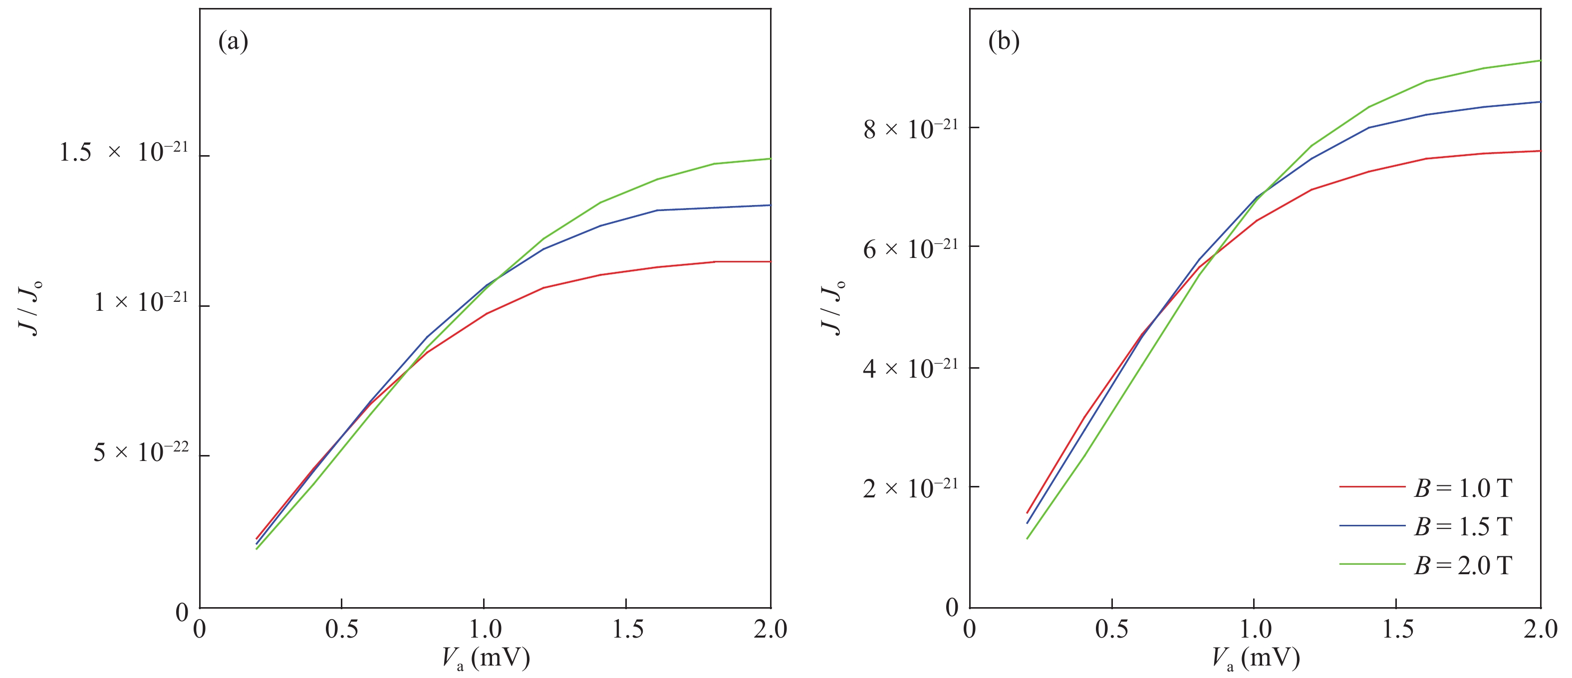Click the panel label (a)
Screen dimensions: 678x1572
(x=233, y=41)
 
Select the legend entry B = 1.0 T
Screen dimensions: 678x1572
(x=1462, y=487)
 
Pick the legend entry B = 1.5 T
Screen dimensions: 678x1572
(x=1462, y=526)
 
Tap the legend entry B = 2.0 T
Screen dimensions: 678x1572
(x=1462, y=565)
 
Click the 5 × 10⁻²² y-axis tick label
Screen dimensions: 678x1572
(x=140, y=452)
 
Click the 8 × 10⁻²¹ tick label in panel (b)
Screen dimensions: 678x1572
(x=910, y=129)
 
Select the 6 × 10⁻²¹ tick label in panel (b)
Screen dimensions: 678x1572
(x=910, y=248)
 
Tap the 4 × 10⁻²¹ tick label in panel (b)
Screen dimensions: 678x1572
(x=910, y=368)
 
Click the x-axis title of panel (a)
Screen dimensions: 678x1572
(x=486, y=659)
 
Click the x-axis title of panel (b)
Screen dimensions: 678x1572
(x=1255, y=659)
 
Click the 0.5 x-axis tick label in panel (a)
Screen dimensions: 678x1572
(x=342, y=629)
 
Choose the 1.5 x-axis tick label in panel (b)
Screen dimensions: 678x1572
(x=1397, y=629)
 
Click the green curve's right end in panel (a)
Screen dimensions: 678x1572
(x=770, y=159)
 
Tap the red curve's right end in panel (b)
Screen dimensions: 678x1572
(x=1540, y=151)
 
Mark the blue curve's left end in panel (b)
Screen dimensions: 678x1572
(x=1028, y=522)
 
